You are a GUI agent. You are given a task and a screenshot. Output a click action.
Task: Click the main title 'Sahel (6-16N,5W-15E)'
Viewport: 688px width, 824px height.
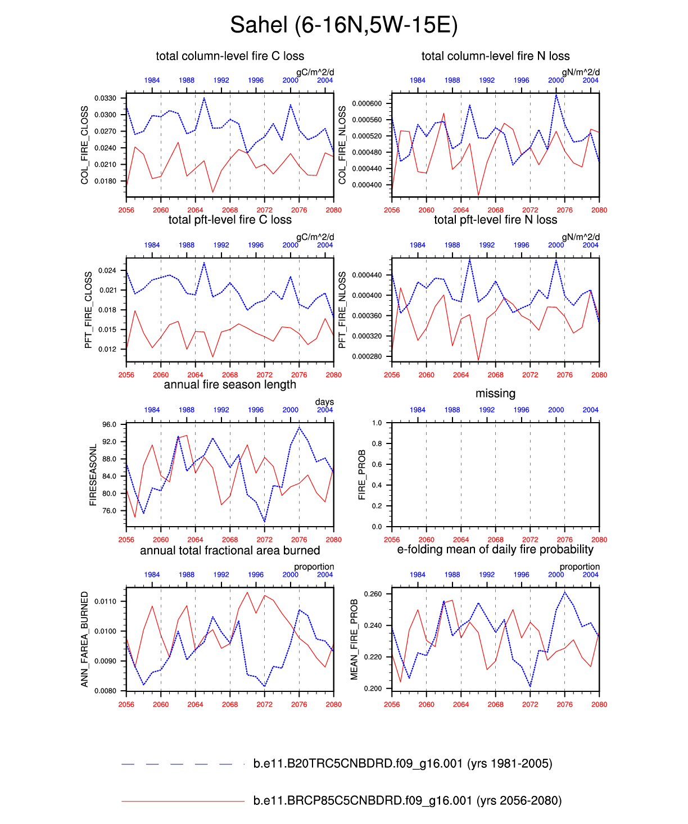point(343,25)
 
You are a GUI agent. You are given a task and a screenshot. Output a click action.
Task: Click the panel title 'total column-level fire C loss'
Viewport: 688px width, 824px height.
point(230,56)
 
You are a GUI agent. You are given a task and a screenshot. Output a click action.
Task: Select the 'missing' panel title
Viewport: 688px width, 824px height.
point(495,393)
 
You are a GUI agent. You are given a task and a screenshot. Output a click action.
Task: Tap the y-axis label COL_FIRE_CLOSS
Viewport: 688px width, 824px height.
point(85,145)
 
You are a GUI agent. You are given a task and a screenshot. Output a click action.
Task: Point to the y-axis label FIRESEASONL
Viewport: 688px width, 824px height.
point(93,475)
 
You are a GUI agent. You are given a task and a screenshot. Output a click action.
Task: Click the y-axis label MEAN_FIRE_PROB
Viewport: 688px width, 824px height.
point(354,640)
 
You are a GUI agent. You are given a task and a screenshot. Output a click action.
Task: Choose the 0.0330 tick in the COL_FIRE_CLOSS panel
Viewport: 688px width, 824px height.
point(105,98)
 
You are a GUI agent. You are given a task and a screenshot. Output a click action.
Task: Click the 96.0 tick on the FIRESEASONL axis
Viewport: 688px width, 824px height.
point(109,425)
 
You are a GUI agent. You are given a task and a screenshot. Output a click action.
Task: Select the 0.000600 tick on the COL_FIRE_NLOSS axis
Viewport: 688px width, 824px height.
point(366,103)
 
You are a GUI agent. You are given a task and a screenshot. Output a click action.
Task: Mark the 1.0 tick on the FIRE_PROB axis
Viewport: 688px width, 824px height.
point(377,423)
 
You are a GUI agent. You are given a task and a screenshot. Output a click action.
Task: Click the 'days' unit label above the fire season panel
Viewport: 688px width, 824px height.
point(324,402)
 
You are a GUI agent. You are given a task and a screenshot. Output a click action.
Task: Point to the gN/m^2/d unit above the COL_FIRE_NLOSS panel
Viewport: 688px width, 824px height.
point(581,72)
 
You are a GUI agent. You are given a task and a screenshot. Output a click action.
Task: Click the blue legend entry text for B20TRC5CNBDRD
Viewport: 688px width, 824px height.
point(402,763)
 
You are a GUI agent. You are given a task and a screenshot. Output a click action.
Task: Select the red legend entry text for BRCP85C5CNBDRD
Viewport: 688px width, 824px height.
point(408,800)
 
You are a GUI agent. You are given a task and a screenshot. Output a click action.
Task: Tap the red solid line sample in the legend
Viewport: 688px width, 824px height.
point(183,801)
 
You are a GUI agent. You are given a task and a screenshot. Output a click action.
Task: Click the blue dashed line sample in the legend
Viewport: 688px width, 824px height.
point(183,764)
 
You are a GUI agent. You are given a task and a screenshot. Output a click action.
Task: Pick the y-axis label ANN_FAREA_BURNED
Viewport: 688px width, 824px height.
point(85,639)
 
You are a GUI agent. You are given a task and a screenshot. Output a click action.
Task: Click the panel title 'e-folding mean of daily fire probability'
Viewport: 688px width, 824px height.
point(495,550)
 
